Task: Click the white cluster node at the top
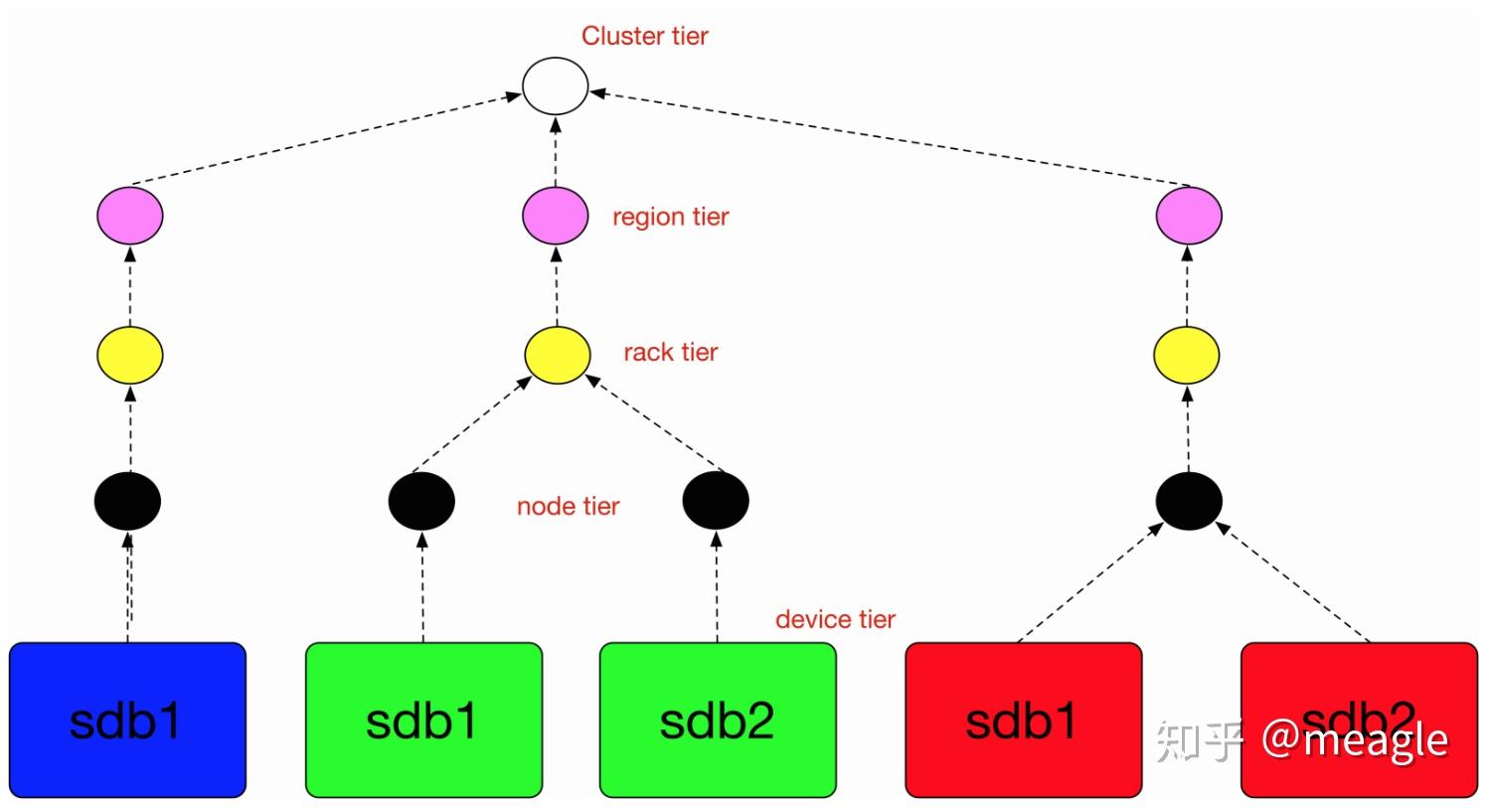[x=556, y=85]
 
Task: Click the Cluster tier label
[x=644, y=36]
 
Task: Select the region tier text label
[x=670, y=217]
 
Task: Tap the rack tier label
[x=670, y=352]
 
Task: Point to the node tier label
[x=568, y=506]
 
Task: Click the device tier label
[x=835, y=619]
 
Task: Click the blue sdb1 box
[x=127, y=720]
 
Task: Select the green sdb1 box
[x=423, y=720]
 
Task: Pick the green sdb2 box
[x=718, y=720]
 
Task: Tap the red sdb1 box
[x=1023, y=720]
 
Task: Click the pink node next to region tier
[x=556, y=216]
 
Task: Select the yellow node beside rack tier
[x=557, y=355]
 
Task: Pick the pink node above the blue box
[x=130, y=216]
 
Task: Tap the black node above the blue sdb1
[x=127, y=501]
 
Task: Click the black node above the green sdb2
[x=716, y=501]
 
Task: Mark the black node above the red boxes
[x=1189, y=501]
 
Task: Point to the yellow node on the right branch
[x=1187, y=355]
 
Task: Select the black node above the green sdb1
[x=421, y=501]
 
